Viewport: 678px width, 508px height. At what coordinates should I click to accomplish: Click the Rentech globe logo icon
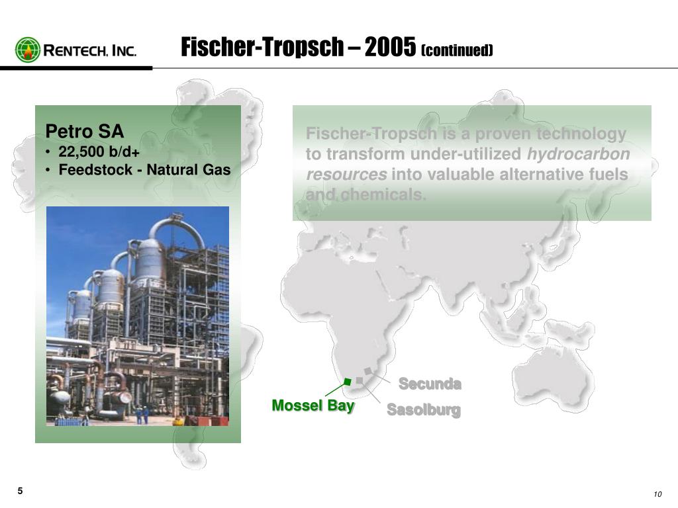pyautogui.click(x=27, y=50)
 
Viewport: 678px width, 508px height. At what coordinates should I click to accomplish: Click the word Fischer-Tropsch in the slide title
pyautogui.click(x=264, y=47)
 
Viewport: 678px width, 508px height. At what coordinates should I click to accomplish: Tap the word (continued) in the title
pyautogui.click(x=457, y=50)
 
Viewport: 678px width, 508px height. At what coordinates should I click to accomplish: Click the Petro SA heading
pyautogui.click(x=84, y=131)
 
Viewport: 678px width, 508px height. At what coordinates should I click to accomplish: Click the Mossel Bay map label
pyautogui.click(x=313, y=405)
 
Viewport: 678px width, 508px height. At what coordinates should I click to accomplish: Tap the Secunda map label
pyautogui.click(x=430, y=384)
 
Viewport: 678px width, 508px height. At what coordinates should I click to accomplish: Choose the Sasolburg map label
pyautogui.click(x=423, y=410)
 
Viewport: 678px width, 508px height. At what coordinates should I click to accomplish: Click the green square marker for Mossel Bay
pyautogui.click(x=347, y=382)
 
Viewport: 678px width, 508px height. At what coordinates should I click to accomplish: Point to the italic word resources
pyautogui.click(x=346, y=175)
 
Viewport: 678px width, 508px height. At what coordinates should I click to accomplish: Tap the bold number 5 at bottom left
pyautogui.click(x=21, y=491)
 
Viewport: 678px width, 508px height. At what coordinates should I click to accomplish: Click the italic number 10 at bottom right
pyautogui.click(x=657, y=496)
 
